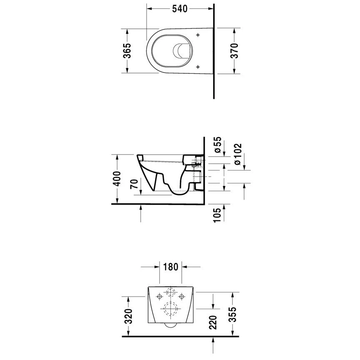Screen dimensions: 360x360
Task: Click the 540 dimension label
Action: tap(180, 9)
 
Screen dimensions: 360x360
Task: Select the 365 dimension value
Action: tap(127, 50)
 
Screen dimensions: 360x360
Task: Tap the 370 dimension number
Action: tap(235, 50)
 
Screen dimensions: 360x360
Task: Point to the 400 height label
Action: tap(117, 179)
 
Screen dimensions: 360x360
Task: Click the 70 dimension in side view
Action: tap(135, 184)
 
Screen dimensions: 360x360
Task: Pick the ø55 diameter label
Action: tap(217, 145)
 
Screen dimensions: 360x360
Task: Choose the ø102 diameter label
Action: tap(237, 154)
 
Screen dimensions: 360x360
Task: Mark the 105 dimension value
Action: tap(217, 215)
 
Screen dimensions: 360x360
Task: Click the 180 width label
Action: tap(170, 267)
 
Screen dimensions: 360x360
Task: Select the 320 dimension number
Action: tap(129, 316)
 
